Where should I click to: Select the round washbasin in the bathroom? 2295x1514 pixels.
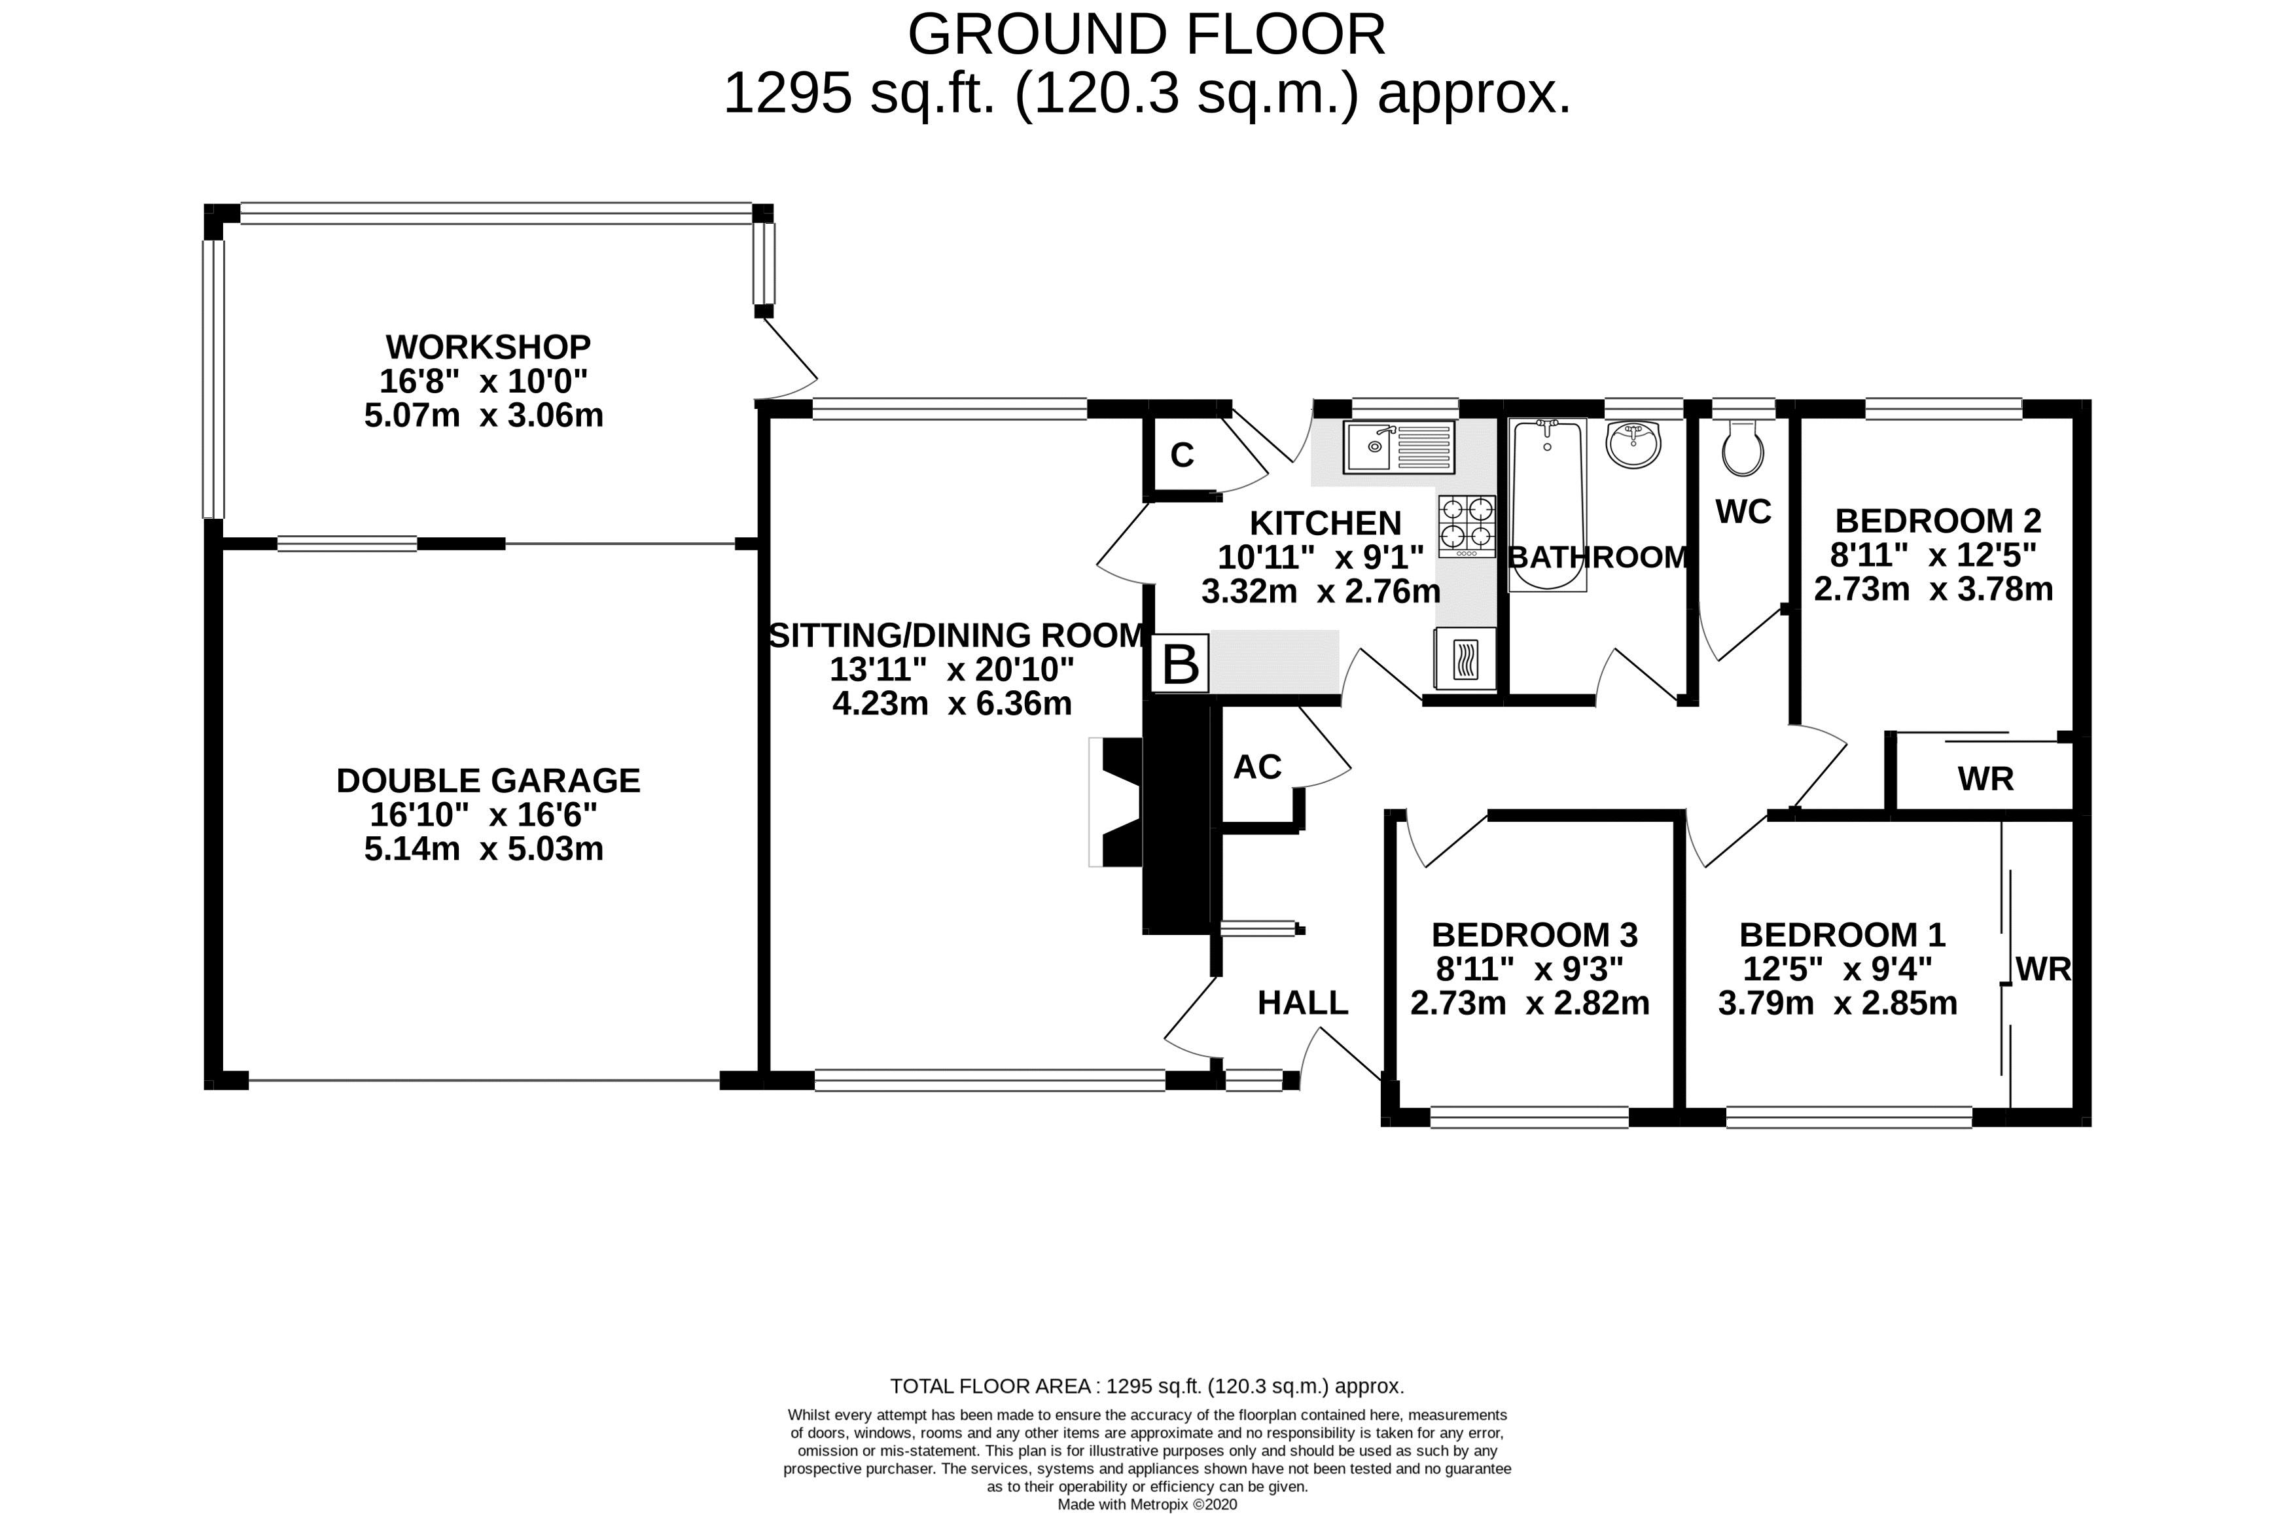[x=1633, y=444]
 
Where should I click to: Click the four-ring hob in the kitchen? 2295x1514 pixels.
[x=1467, y=526]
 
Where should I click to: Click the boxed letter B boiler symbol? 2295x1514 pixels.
[x=1180, y=663]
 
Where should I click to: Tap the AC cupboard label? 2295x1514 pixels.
[x=1257, y=767]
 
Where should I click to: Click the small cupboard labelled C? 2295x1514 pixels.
[x=1182, y=455]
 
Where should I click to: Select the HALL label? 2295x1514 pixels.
[x=1302, y=1002]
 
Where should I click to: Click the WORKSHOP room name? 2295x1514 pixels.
[x=488, y=345]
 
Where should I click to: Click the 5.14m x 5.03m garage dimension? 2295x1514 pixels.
[x=484, y=849]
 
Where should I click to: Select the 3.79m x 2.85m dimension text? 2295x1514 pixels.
[x=1838, y=1002]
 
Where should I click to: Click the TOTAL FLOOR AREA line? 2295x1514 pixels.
[x=1147, y=1386]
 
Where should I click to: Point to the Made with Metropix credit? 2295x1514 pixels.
[x=1147, y=1504]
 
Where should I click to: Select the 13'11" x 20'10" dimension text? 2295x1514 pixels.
[x=951, y=668]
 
